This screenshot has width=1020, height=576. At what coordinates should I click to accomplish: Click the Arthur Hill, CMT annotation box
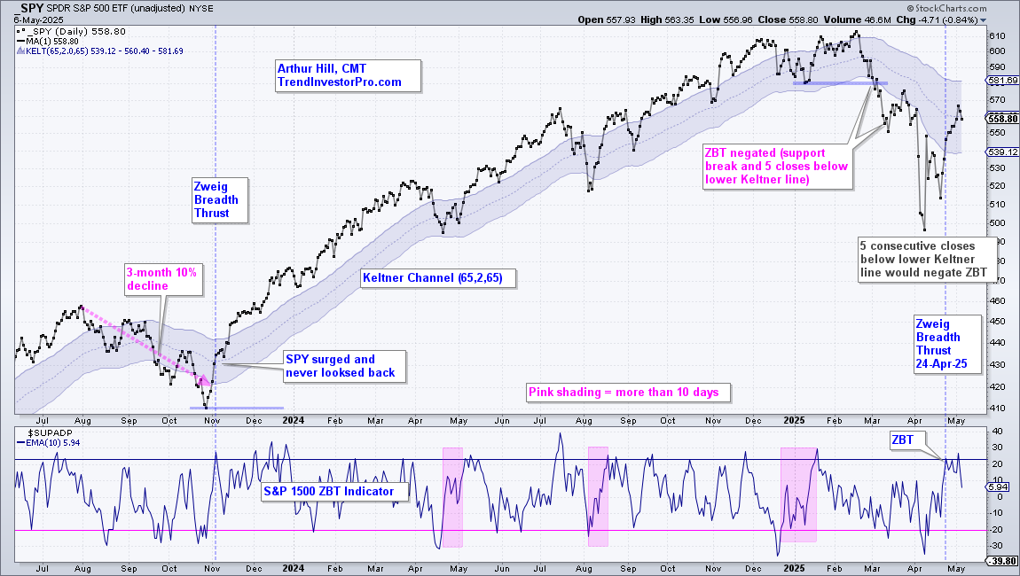point(348,75)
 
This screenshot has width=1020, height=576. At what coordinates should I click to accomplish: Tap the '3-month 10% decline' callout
point(163,279)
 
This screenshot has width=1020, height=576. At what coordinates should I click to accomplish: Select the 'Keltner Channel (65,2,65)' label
point(438,278)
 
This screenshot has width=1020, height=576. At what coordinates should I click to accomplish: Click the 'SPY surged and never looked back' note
point(345,366)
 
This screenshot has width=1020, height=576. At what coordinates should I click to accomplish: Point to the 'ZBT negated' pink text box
point(777,167)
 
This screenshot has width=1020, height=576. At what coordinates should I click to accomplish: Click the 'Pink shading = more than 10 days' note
point(628,392)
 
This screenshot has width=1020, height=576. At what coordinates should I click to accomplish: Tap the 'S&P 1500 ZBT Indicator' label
point(335,492)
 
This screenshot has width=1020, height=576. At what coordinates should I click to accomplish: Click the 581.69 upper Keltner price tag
point(1002,80)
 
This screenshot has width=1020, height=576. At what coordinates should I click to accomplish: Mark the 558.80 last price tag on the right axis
point(1002,119)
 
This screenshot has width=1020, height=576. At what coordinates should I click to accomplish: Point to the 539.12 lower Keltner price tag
point(1002,152)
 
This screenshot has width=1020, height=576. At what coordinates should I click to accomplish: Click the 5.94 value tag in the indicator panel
point(998,486)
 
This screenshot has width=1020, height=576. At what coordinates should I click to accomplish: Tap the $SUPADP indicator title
point(50,433)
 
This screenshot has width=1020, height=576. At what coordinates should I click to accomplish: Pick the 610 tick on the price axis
point(997,35)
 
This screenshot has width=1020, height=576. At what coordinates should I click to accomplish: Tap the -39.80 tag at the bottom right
point(1002,561)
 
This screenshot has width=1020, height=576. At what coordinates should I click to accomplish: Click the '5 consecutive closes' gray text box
point(927,260)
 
